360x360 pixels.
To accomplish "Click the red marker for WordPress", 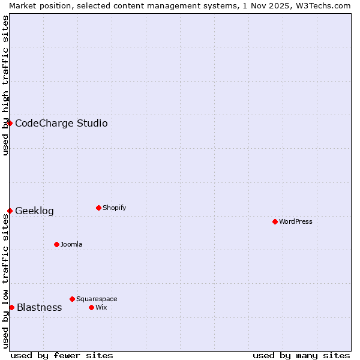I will click(275, 221).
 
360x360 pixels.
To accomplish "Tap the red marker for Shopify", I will click(98, 208).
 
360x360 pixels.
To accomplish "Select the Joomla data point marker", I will click(56, 244).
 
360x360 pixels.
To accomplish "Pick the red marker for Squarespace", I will click(72, 299).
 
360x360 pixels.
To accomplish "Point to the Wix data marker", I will click(91, 307).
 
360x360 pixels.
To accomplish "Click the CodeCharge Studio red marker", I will click(10, 123).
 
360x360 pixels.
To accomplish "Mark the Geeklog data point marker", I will click(10, 211).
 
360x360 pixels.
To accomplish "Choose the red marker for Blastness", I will click(11, 307).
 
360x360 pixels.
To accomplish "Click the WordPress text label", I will click(296, 221).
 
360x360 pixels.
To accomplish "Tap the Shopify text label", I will click(114, 208).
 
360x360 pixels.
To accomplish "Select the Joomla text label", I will click(71, 244).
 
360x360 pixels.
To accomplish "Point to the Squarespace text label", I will click(97, 299).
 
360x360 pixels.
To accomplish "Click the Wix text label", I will click(101, 307).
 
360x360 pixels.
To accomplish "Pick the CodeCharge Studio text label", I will click(61, 123).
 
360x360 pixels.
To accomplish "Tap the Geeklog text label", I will click(34, 211).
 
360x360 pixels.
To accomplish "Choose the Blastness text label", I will click(39, 307).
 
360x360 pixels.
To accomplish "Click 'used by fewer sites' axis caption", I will click(62, 355).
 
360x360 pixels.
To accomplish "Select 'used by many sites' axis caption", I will click(301, 355).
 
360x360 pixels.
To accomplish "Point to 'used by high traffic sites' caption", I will click(5, 85).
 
